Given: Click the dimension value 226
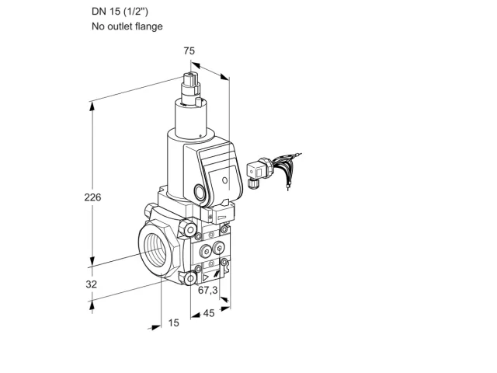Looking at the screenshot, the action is point(92,197).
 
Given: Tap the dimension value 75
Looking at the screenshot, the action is point(189,51).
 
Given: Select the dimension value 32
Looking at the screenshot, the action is point(92,284).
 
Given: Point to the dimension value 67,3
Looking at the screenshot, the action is point(208,290).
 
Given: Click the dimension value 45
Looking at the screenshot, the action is point(209,313).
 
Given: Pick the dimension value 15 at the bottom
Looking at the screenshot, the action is point(173,323).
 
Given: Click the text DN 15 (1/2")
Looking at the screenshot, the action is point(120,12).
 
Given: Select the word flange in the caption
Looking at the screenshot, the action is point(148,26).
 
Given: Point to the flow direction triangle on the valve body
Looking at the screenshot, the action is point(206,278).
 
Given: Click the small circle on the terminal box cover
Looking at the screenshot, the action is point(224,180).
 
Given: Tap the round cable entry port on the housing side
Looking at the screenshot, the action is point(200,192).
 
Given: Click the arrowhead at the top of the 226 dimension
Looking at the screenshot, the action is point(92,106).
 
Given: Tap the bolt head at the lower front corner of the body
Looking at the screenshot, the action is point(189,279).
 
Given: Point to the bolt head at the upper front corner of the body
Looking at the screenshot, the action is point(189,230).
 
